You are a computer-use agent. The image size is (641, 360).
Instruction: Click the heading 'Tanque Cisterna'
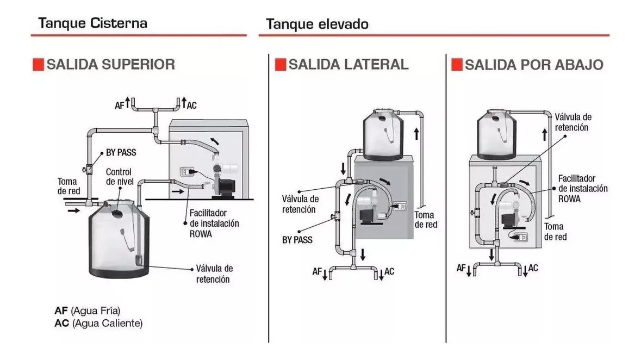pyautogui.click(x=93, y=23)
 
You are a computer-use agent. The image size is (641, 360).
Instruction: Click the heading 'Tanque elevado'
pyautogui.click(x=318, y=24)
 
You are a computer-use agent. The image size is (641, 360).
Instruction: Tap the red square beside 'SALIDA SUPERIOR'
pyautogui.click(x=39, y=64)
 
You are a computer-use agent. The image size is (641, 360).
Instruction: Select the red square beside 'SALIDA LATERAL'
pyautogui.click(x=280, y=64)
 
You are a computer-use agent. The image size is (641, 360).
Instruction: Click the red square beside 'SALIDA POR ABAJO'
pyautogui.click(x=457, y=64)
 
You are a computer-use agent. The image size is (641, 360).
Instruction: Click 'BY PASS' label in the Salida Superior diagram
pyautogui.click(x=120, y=153)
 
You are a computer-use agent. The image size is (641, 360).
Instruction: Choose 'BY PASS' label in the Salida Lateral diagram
pyautogui.click(x=297, y=239)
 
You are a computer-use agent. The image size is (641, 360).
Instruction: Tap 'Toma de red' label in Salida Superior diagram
pyautogui.click(x=69, y=186)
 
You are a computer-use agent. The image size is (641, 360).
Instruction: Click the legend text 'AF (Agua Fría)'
pyautogui.click(x=87, y=311)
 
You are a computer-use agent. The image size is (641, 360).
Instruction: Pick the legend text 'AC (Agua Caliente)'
pyautogui.click(x=98, y=323)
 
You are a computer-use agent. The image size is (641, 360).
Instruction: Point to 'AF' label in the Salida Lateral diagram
pyautogui.click(x=317, y=270)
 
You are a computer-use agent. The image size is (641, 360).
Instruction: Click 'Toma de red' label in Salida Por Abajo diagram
pyautogui.click(x=555, y=231)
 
